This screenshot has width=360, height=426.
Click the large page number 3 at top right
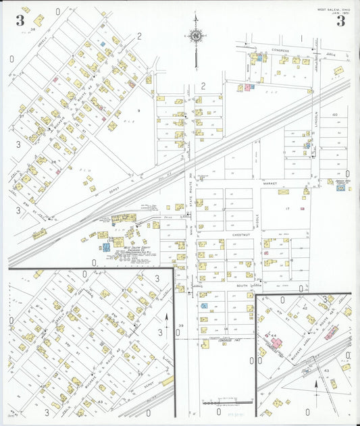pos(340,20)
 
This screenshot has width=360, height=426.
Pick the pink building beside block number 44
pos(277,343)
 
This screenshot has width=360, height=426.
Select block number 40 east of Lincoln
pos(335,115)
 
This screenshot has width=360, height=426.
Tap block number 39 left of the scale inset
pos(180,326)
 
